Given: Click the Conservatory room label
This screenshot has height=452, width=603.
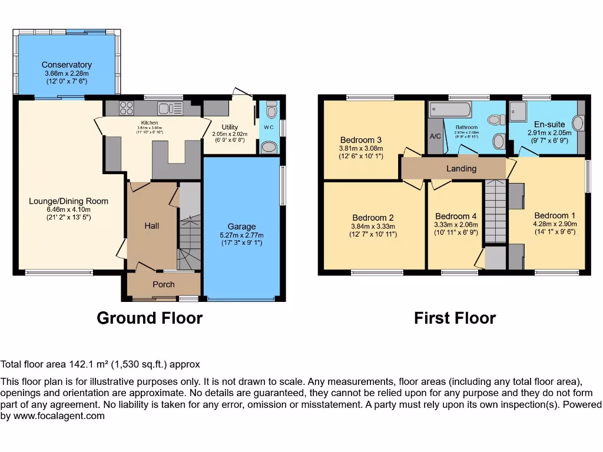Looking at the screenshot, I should point(67,65).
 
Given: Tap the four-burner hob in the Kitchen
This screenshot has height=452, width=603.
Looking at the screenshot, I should point(127,108).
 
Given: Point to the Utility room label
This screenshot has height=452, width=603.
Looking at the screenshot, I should point(230,127).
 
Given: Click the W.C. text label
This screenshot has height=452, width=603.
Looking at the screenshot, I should point(269,127).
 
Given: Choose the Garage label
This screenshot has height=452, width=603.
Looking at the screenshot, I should point(242,226).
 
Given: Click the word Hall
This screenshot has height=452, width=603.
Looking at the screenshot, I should point(152,225).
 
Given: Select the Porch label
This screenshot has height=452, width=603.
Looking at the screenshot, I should point(164,284).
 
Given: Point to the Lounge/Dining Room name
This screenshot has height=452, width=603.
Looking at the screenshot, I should point(69,201).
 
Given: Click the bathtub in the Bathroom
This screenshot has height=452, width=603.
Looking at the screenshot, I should point(450,109).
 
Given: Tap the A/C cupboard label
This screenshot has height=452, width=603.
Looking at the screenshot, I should point(436,136).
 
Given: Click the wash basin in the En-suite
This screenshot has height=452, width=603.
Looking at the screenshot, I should point(578,124).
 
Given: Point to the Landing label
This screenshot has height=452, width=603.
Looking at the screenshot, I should point(461,168).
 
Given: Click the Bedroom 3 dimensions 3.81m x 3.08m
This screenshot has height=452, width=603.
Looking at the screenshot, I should point(361,148).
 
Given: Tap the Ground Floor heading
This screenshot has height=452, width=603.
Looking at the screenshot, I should point(150,318).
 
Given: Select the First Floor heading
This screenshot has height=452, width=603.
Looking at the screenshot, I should point(455,318).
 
